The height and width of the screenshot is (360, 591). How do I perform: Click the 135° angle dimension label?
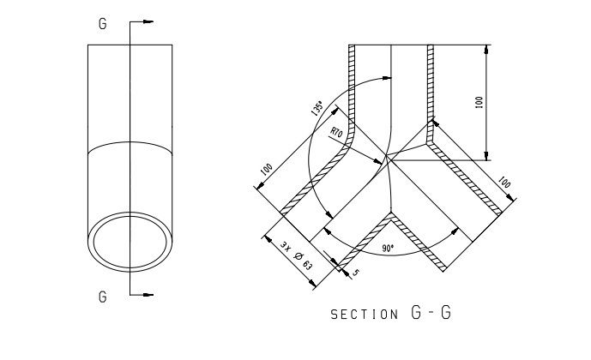coord(317,108)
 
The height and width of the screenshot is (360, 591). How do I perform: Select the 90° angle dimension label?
coord(388,249)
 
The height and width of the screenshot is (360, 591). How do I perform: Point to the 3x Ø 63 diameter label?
coord(296,255)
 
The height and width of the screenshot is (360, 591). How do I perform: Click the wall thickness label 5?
coord(355,273)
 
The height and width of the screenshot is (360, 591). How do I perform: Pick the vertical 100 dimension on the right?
coord(479,102)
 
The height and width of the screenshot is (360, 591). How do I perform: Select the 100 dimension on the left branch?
coord(267,169)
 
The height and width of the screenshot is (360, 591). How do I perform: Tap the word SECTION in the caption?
coord(364,315)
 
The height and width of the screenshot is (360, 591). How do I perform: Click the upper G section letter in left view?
coord(103,24)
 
